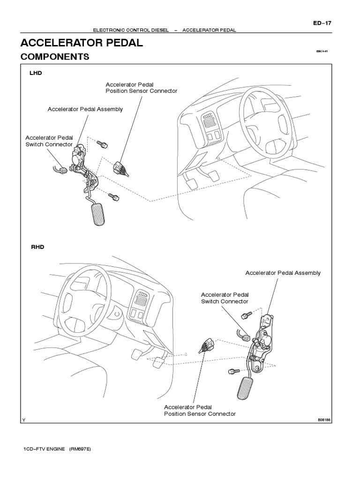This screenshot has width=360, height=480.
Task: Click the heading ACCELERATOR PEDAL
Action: click(x=82, y=44)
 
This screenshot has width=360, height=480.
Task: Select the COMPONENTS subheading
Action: click(x=55, y=57)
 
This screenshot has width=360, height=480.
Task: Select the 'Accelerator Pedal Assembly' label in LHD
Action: click(x=85, y=109)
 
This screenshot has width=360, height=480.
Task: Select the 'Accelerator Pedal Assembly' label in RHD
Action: click(x=283, y=273)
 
